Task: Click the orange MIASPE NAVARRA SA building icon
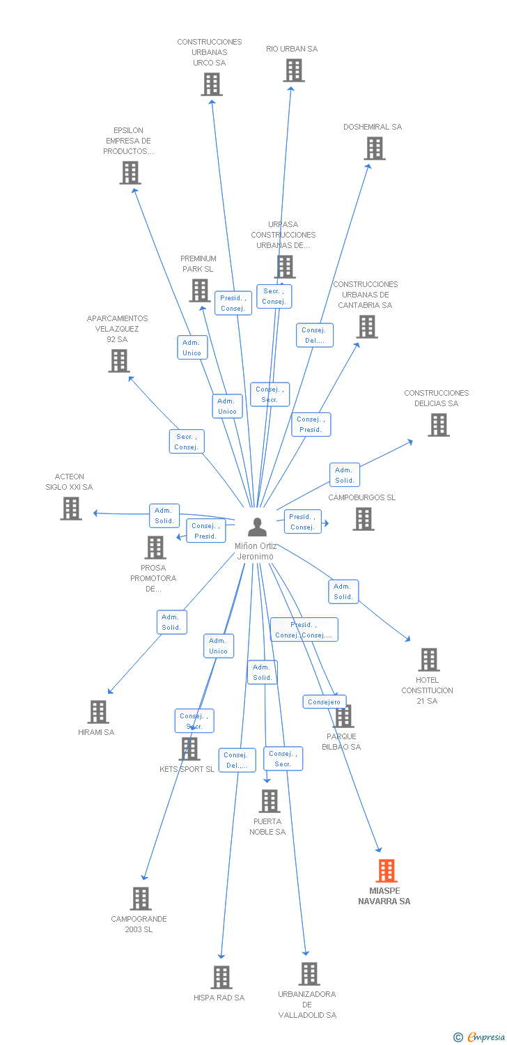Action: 387,871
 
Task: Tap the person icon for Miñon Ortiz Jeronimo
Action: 257,527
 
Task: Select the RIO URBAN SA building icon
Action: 294,70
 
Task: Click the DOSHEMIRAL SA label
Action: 372,127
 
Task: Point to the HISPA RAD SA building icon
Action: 221,977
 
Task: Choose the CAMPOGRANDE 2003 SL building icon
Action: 141,899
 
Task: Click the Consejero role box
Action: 324,702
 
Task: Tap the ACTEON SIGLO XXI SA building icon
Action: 71,508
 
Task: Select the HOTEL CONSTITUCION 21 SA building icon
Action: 429,659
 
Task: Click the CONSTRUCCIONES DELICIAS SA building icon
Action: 439,424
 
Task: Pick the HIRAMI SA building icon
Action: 98,712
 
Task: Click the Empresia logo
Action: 479,1037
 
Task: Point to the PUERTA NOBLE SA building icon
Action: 270,801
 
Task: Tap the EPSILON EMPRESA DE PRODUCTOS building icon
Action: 130,173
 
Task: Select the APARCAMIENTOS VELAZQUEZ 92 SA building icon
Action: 119,361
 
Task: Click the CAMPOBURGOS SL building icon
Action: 364,519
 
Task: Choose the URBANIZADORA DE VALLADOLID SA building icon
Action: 309,974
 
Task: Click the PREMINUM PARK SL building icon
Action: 200,291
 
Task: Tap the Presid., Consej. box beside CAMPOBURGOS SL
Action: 303,522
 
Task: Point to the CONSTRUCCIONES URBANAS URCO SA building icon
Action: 212,84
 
